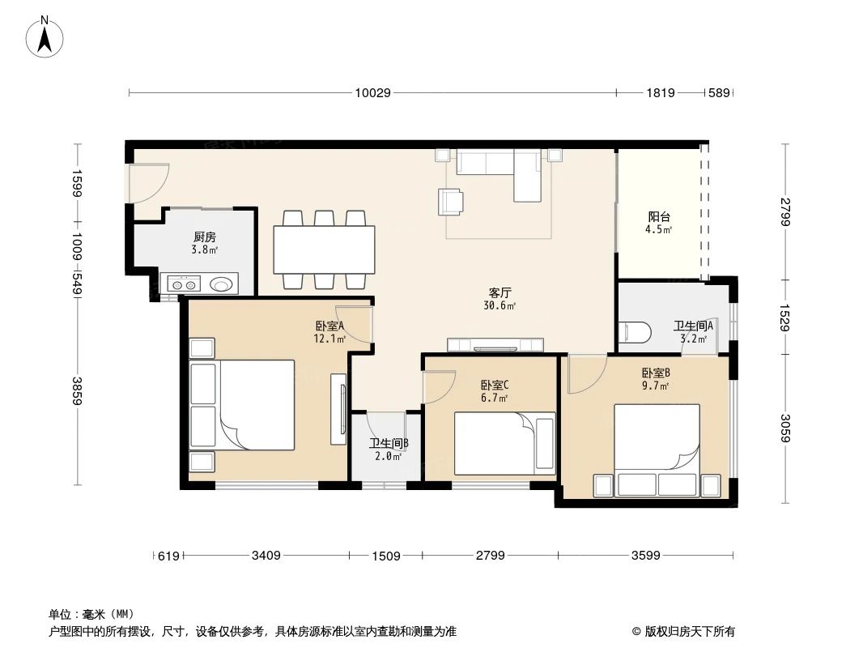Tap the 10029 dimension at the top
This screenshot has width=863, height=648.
pos(372,93)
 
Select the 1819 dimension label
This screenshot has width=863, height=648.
pos(660,93)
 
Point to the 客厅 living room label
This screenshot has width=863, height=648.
pos(500,292)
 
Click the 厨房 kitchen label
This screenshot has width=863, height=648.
pos(204,237)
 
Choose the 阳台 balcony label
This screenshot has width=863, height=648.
pos(658,217)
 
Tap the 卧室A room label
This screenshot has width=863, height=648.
pos(330,326)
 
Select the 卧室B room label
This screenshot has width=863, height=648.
pos(655,373)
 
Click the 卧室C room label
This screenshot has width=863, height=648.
pos(494,386)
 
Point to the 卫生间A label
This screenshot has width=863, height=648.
pos(693,326)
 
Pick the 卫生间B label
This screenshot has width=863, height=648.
pos(389,444)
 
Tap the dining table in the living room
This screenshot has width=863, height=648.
pos(324,249)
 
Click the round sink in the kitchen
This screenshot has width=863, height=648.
pos(222,283)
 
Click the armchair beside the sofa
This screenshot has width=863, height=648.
pos(451,202)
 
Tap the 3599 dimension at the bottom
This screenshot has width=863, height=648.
pos(646,555)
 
